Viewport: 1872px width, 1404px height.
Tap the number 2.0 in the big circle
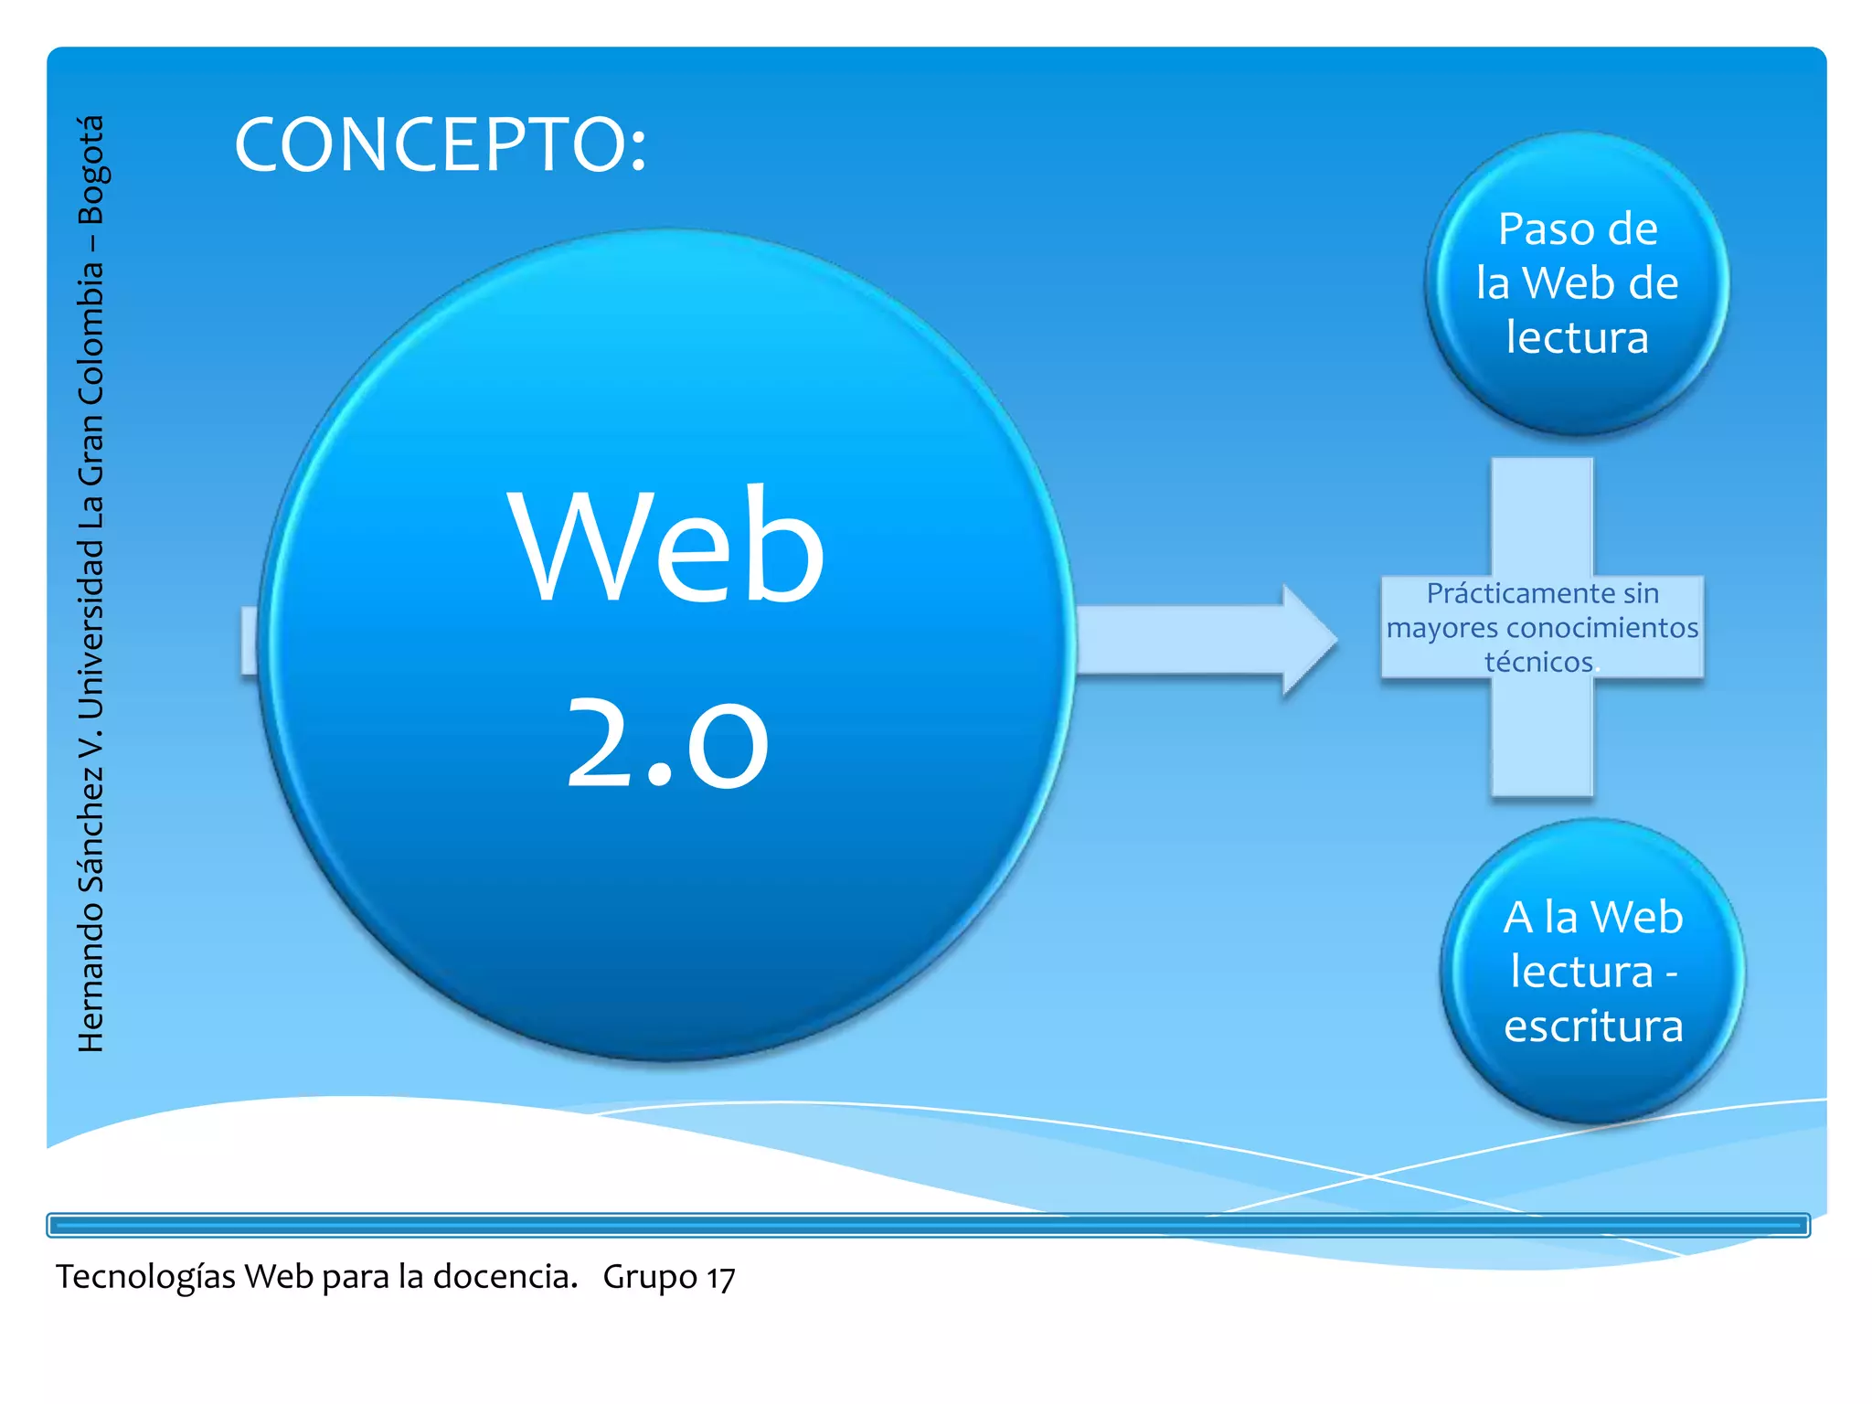coord(666,741)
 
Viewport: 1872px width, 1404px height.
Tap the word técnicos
coord(1538,662)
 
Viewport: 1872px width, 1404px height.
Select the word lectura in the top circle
coord(1577,337)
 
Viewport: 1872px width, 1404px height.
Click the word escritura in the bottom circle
coord(1593,1026)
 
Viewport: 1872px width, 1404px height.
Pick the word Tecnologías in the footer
coord(146,1277)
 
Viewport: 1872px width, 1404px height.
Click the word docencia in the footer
coord(504,1276)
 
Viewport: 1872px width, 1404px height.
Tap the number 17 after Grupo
coord(720,1278)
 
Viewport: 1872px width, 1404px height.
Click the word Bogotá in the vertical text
coord(91,170)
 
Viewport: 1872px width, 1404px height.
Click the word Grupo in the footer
coord(650,1277)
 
